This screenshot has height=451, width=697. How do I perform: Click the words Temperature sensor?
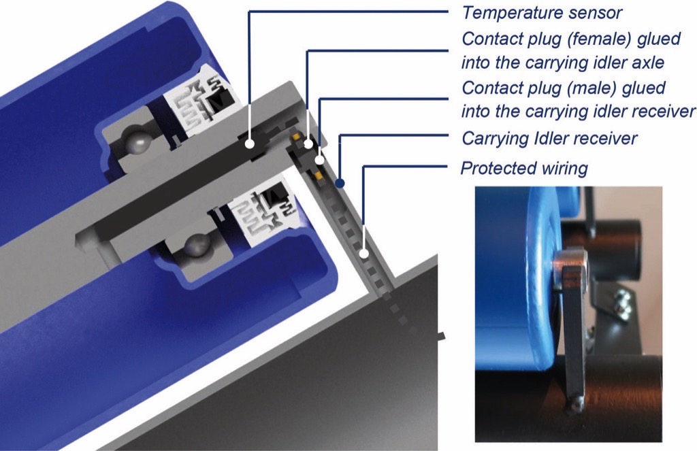[542, 13]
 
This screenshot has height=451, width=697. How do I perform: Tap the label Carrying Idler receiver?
[549, 139]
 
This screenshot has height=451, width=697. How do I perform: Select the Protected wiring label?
[524, 168]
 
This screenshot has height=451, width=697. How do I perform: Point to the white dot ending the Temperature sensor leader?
[250, 144]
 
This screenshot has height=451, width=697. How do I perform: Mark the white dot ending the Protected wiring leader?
[365, 254]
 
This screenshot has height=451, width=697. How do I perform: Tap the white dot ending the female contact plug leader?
[308, 144]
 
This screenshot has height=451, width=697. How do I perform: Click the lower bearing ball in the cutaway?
[197, 244]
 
